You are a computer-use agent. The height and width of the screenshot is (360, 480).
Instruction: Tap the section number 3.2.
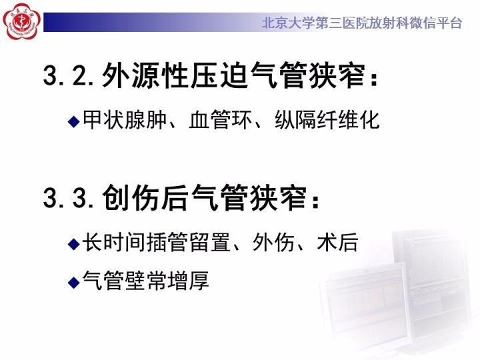[x=69, y=75]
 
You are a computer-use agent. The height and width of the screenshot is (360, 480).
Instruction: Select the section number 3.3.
[x=69, y=197]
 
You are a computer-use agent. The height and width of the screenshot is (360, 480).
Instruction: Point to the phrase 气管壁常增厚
[x=146, y=281]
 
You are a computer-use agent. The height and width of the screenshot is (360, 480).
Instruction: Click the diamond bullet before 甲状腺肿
[x=74, y=121]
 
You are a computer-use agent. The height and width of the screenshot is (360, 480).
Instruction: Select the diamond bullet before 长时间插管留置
[x=74, y=243]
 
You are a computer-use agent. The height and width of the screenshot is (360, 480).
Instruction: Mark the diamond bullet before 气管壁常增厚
[x=74, y=281]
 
